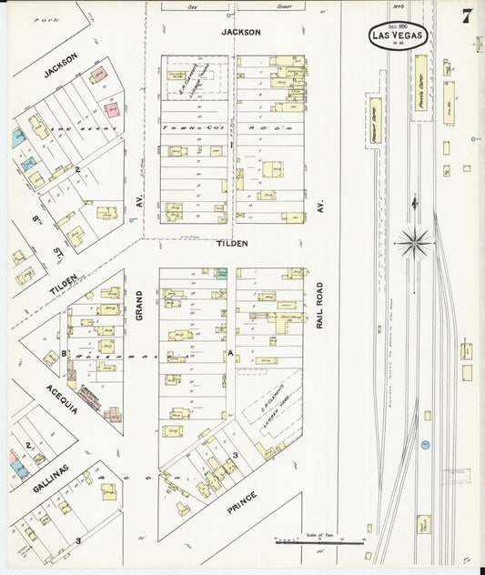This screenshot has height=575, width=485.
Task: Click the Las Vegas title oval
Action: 400,35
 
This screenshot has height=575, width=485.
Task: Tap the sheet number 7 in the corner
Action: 466,16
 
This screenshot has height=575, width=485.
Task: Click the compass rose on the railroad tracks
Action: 415,241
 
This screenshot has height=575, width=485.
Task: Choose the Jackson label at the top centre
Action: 241,32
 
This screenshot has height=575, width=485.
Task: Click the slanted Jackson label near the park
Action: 61,65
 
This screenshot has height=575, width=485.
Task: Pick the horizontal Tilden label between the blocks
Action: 232,244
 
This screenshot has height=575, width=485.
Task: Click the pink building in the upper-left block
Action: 113,110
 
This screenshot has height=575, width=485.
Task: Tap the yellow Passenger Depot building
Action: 421,83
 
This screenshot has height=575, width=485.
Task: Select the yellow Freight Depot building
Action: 373,118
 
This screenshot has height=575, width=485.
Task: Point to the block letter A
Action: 232,351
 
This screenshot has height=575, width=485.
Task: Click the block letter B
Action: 65,352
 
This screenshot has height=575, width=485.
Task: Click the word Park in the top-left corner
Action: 43,18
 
